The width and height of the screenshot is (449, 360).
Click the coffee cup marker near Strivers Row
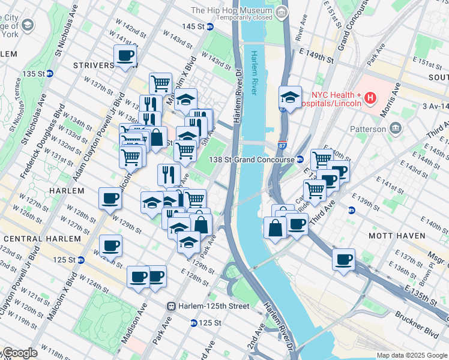click(125, 57)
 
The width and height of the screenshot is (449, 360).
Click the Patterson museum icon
click(396, 128)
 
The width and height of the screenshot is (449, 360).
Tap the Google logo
click(20, 353)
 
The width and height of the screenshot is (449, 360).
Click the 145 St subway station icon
click(210, 27)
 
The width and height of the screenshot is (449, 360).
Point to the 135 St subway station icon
click(50, 74)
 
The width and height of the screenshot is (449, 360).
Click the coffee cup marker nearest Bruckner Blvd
click(343, 259)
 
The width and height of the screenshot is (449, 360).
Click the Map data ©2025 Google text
click(412, 355)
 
